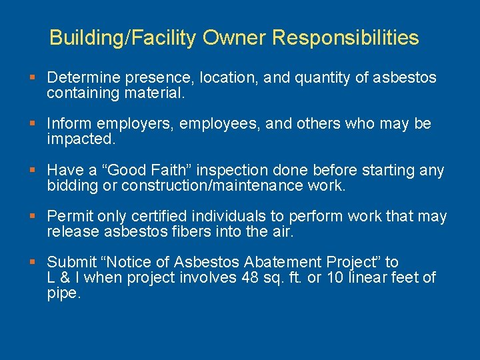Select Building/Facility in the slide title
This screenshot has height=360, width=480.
[x=123, y=37]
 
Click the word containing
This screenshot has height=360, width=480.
[x=83, y=93]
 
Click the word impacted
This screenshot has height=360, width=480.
[x=81, y=139]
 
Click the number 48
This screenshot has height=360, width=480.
[x=247, y=277]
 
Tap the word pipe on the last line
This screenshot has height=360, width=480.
[x=63, y=293]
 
